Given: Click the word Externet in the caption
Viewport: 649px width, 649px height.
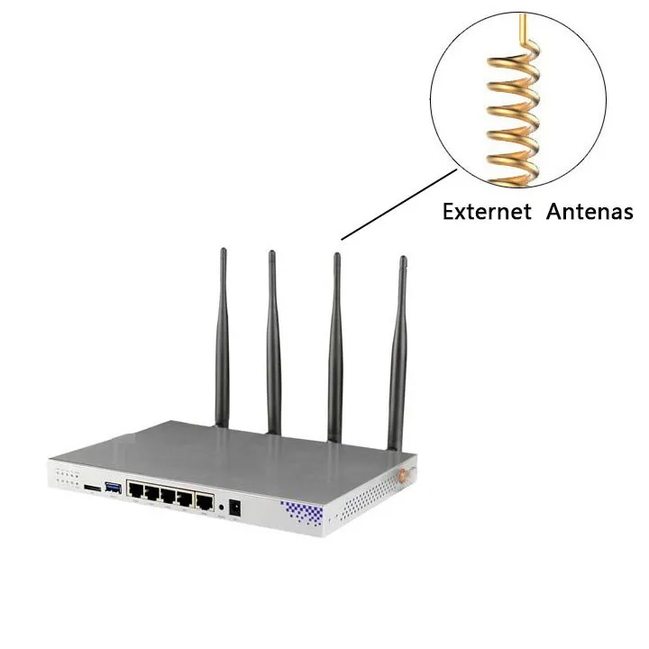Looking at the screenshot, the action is click(486, 212).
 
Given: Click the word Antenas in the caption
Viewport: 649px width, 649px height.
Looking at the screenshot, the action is click(588, 212).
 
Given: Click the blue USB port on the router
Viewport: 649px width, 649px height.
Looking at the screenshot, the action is click(114, 488).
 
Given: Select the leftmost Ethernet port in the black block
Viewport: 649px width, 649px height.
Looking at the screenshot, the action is click(137, 493).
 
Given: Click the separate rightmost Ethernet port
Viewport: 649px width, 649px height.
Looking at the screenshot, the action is click(206, 500).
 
